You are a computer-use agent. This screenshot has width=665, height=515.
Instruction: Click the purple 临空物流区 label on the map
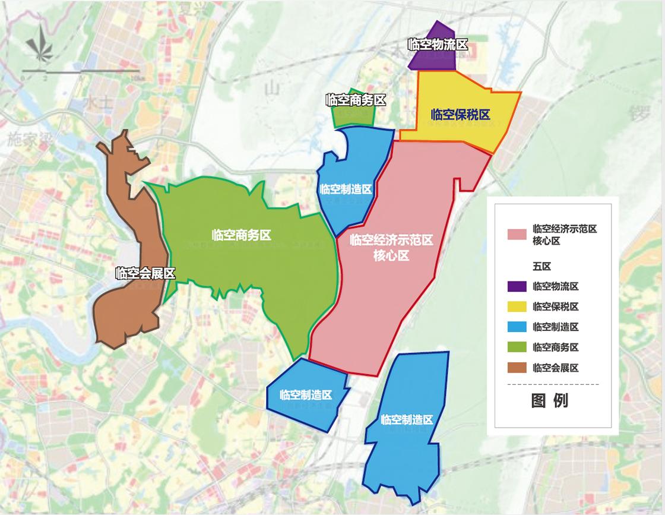click(438, 45)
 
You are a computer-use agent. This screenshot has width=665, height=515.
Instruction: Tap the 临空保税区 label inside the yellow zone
click(461, 115)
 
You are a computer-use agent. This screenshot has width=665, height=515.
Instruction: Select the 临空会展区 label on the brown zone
click(145, 274)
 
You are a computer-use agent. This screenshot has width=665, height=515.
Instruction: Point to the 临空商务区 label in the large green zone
click(241, 235)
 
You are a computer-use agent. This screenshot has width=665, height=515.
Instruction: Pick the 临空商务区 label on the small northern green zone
click(356, 100)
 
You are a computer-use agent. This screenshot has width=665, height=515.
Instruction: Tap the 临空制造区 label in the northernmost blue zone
click(346, 189)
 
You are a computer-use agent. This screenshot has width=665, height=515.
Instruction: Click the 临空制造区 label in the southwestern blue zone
click(306, 394)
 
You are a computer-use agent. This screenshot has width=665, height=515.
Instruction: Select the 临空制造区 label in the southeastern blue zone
click(407, 419)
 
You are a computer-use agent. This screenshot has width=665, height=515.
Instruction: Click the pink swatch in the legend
click(517, 234)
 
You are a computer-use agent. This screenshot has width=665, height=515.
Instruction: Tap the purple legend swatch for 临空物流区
click(517, 286)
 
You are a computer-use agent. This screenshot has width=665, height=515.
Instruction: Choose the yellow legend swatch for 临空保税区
click(517, 307)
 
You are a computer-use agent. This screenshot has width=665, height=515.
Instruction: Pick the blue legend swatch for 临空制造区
click(517, 327)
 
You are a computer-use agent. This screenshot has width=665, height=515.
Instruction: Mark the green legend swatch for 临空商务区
click(517, 347)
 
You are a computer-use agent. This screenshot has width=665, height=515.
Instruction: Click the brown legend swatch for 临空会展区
click(517, 368)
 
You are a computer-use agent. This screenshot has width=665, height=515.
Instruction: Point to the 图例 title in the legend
click(549, 400)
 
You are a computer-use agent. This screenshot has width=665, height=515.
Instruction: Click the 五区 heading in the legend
click(542, 267)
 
